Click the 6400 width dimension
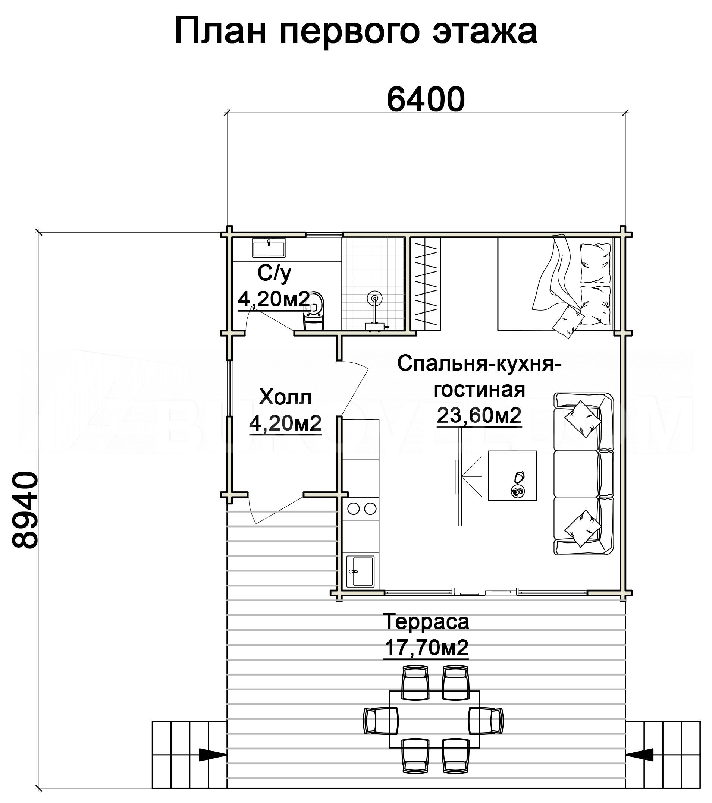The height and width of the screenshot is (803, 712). click(x=426, y=100)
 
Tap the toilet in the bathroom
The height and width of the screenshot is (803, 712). click(x=314, y=311)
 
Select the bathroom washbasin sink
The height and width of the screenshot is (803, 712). click(x=269, y=249)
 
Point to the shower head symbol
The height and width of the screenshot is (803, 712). click(x=374, y=299)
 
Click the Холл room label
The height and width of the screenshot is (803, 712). click(x=285, y=397)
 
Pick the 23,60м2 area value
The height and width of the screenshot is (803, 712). click(x=479, y=415)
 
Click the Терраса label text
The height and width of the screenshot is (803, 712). click(x=426, y=621)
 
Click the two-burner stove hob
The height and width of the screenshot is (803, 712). click(x=361, y=509)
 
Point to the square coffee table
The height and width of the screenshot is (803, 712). click(x=512, y=475)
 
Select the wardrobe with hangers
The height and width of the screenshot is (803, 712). click(x=426, y=284)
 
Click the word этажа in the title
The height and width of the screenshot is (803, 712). click(x=485, y=31)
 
